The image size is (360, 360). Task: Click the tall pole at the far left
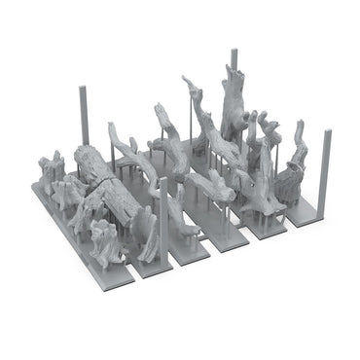pyautogui.click(x=84, y=122)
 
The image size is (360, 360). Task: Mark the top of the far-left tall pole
pyautogui.click(x=84, y=89)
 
